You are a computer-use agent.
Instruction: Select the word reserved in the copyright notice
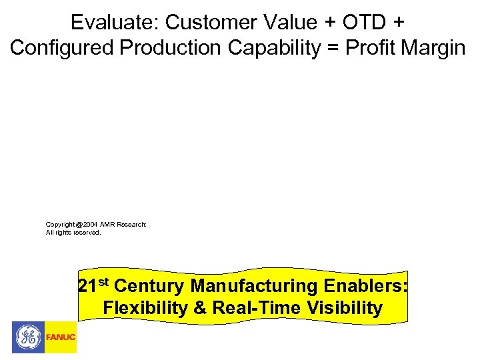tap(87, 233)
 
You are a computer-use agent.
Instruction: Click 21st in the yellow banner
tap(94, 286)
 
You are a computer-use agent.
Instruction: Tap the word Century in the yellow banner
tap(150, 287)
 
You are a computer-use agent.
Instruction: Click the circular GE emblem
tap(28, 337)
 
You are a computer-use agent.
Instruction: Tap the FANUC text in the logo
tap(61, 337)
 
